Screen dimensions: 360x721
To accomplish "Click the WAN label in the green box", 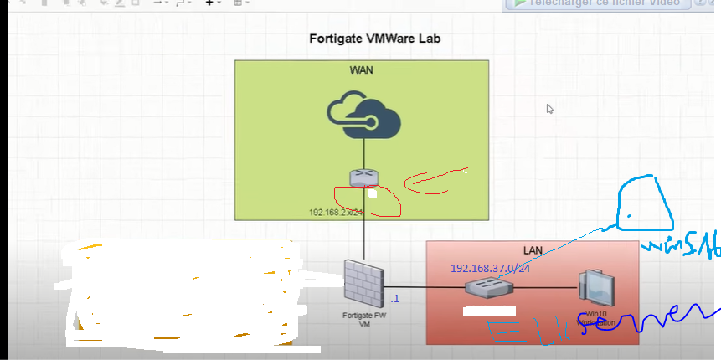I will point(361,69).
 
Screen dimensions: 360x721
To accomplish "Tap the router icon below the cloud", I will point(364,177).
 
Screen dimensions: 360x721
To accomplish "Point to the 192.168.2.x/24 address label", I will point(335,213).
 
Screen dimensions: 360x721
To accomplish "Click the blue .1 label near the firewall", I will point(395,299).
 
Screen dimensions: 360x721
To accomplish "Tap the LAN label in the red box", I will point(533,250).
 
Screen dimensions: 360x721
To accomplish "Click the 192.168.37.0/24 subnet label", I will point(491,268).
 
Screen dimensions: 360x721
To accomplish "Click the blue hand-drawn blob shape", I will point(645,205).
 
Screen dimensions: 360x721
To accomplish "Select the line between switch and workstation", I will point(544,288).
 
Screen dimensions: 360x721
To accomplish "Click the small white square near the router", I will point(372,193).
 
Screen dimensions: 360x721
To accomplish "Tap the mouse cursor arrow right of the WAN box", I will point(550,109).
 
